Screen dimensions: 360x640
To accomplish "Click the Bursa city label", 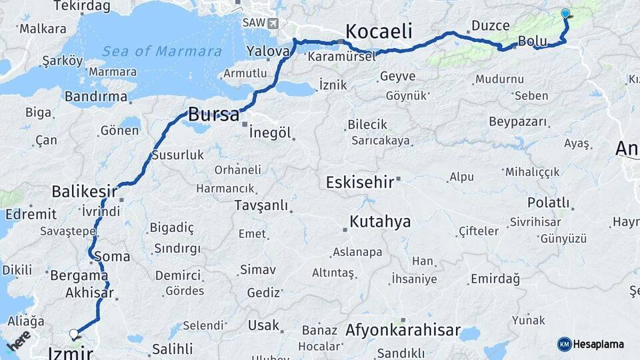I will click(213, 115).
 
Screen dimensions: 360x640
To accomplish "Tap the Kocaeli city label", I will click(379, 31).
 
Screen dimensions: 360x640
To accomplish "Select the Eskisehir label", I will click(359, 182).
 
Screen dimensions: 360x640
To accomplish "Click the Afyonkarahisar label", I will click(403, 330).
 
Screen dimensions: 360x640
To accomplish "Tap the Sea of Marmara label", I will click(162, 51).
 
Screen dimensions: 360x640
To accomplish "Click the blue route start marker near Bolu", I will click(565, 13).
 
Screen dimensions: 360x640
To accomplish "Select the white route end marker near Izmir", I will click(73, 334).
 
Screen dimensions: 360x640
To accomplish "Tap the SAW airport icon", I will click(272, 23).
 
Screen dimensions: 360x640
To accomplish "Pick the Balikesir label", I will click(80, 192).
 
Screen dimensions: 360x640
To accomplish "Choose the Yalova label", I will click(267, 51).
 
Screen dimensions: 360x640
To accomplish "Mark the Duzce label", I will click(490, 26).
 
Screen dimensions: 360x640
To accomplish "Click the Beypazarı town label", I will click(517, 122).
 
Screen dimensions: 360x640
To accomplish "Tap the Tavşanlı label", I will click(261, 205).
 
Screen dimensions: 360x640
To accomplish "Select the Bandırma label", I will click(96, 97).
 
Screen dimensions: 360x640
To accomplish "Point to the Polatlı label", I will click(548, 203).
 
